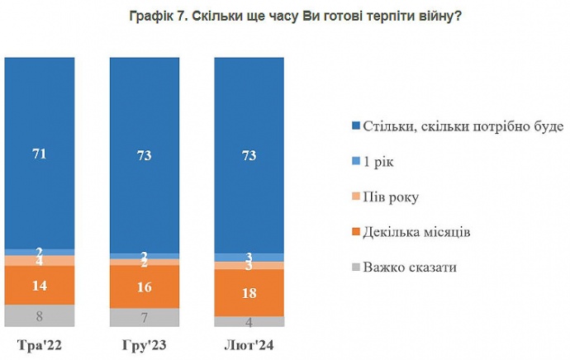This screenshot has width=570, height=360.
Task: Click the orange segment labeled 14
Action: pyautogui.click(x=40, y=286)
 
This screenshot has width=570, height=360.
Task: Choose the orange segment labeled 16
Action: pyautogui.click(x=144, y=287)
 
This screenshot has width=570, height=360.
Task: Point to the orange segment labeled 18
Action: pyautogui.click(x=249, y=293)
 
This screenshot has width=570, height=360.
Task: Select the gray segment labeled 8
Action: pyautogui.click(x=40, y=316)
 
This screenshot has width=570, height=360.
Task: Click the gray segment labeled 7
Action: pyautogui.click(x=144, y=318)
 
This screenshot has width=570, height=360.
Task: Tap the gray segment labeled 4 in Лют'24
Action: pyautogui.click(x=249, y=322)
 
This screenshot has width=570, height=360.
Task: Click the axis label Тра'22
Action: pyautogui.click(x=40, y=343)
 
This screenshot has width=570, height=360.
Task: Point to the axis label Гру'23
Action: pyautogui.click(x=144, y=343)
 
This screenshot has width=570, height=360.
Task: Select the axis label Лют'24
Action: pyautogui.click(x=249, y=343)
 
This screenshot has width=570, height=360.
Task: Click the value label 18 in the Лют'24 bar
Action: pyautogui.click(x=249, y=293)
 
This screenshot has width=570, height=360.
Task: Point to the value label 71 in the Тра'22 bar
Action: pyautogui.click(x=40, y=154)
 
